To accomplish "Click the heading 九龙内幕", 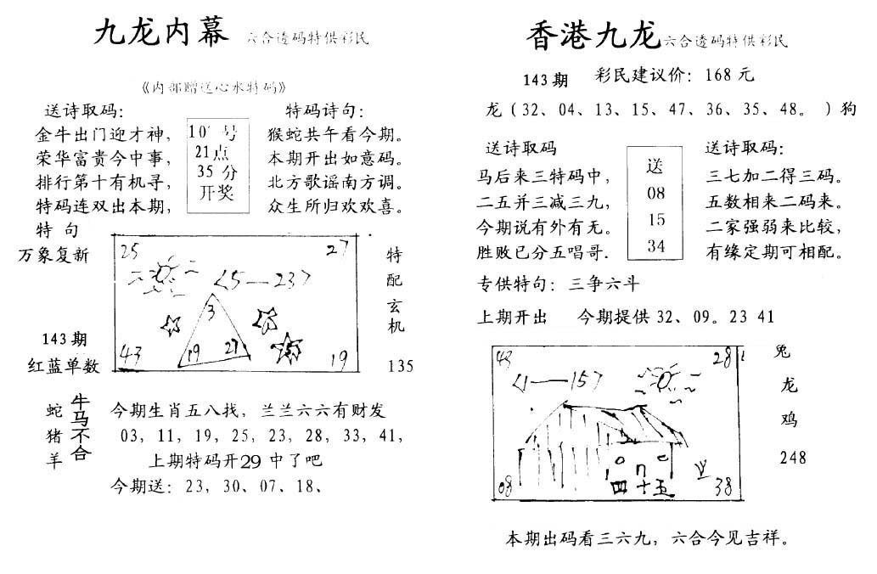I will click(161, 35).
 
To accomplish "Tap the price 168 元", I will click(729, 75).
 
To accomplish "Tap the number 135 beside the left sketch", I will click(401, 367).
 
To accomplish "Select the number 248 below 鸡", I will click(793, 459).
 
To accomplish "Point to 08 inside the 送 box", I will click(655, 193).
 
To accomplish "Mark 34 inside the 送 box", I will click(655, 246).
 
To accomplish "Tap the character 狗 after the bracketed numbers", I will click(849, 110).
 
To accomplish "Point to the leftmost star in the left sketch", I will click(171, 324).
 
